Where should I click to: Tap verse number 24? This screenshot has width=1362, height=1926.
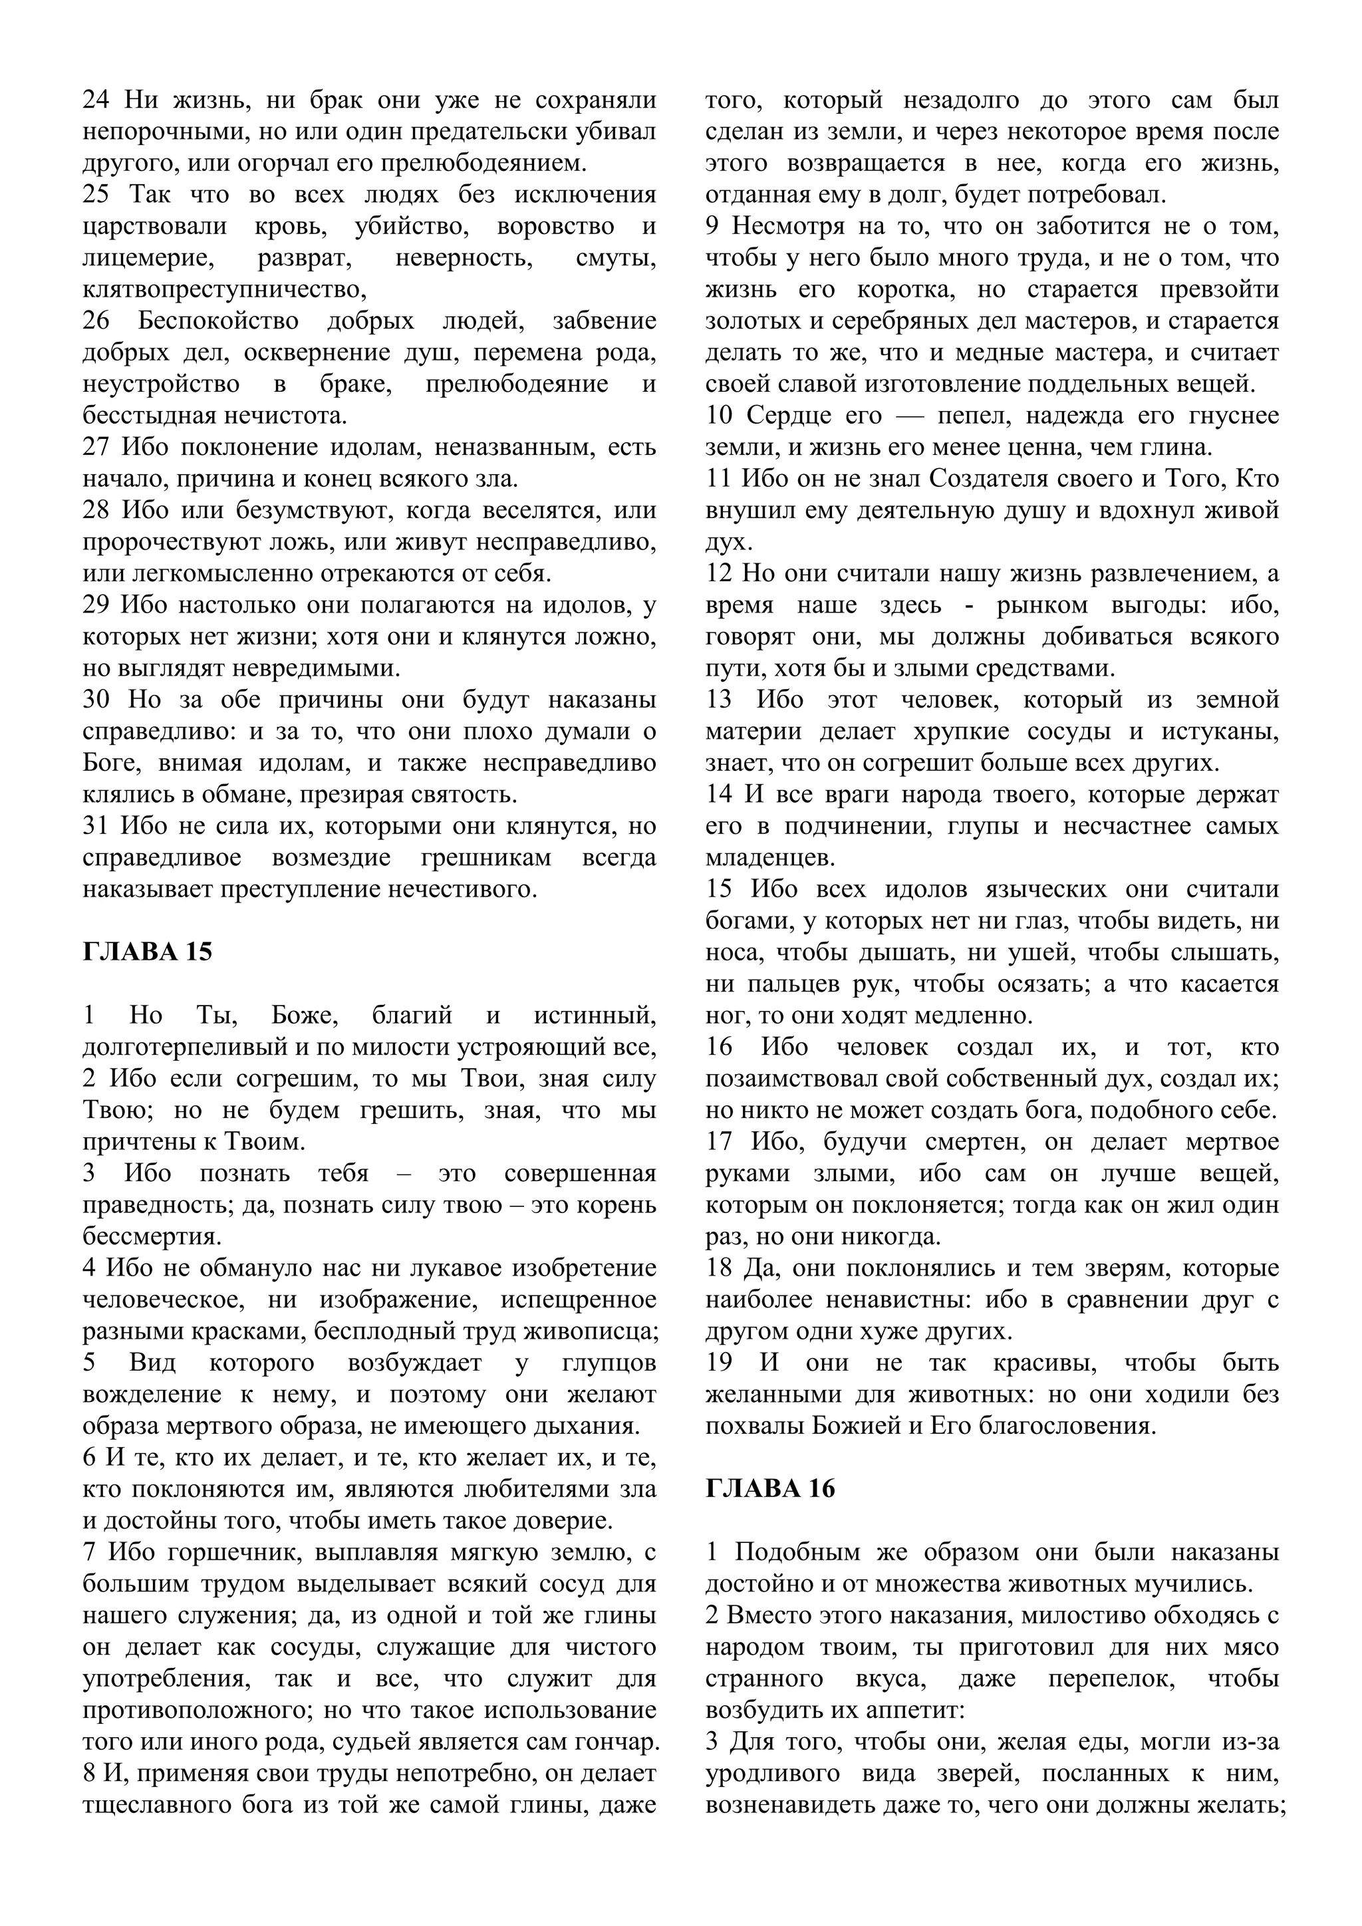coord(96,100)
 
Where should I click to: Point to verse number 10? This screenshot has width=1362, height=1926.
coord(719,416)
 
